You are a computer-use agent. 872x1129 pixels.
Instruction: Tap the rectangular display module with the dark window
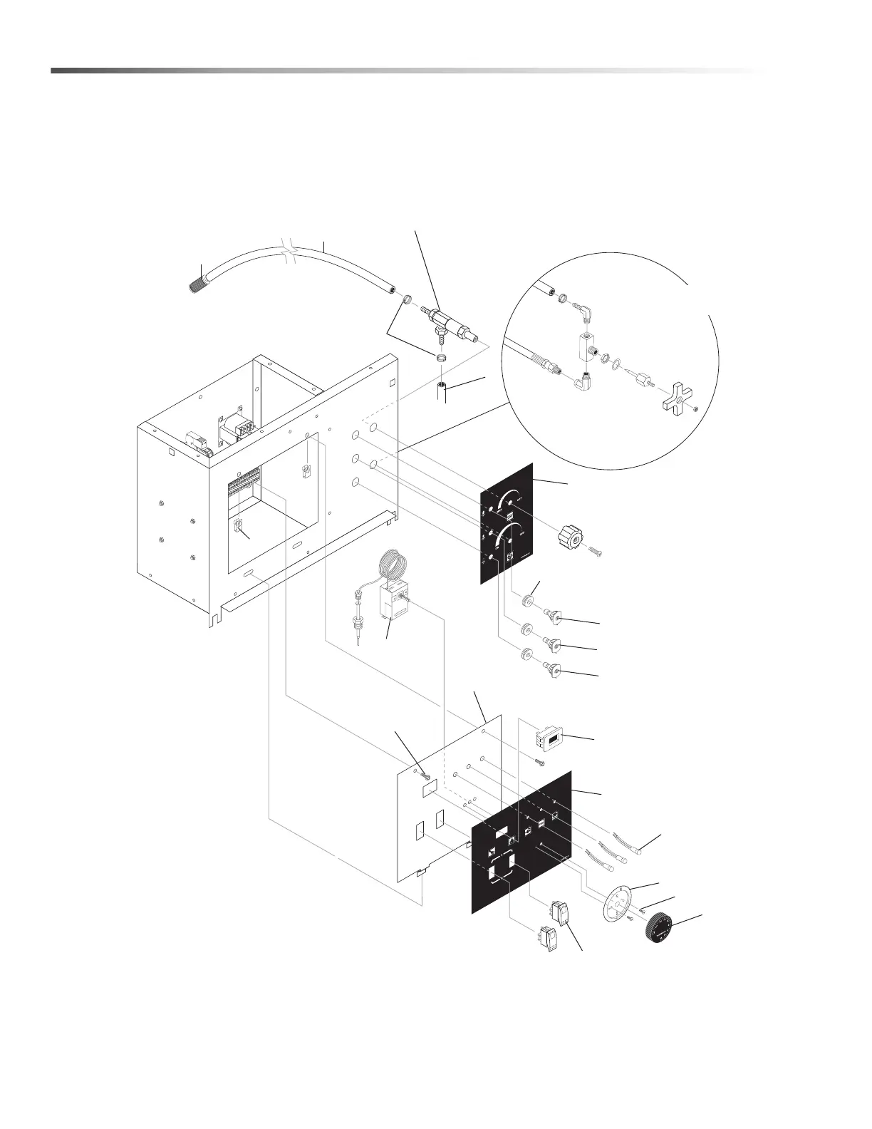549,740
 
